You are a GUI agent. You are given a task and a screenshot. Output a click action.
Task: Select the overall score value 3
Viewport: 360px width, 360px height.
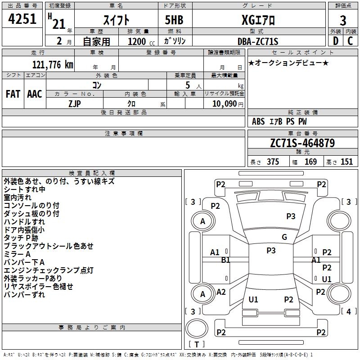click(343, 20)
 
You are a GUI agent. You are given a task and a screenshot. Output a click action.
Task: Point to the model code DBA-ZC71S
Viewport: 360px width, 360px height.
click(258, 41)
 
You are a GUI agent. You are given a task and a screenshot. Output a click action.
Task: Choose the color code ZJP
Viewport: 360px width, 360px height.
click(75, 103)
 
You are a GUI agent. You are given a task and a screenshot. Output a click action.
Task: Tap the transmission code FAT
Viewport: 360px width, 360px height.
click(13, 94)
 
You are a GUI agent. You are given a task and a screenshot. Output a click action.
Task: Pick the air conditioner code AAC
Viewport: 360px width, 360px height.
click(35, 94)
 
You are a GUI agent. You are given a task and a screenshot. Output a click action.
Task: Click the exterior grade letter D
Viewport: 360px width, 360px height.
click(335, 41)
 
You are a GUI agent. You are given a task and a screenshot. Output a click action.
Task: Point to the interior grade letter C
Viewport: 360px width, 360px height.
click(350, 41)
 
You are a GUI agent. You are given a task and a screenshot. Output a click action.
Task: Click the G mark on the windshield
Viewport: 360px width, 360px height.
click(284, 237)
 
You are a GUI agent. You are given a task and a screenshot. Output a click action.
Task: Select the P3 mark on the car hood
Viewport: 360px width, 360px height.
click(291, 216)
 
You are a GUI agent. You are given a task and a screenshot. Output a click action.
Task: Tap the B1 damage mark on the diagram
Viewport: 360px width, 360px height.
click(225, 260)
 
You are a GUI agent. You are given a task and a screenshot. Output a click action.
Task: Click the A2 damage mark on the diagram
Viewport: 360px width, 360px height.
click(221, 292)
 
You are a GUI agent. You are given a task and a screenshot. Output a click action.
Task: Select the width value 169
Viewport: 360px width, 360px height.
click(310, 162)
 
